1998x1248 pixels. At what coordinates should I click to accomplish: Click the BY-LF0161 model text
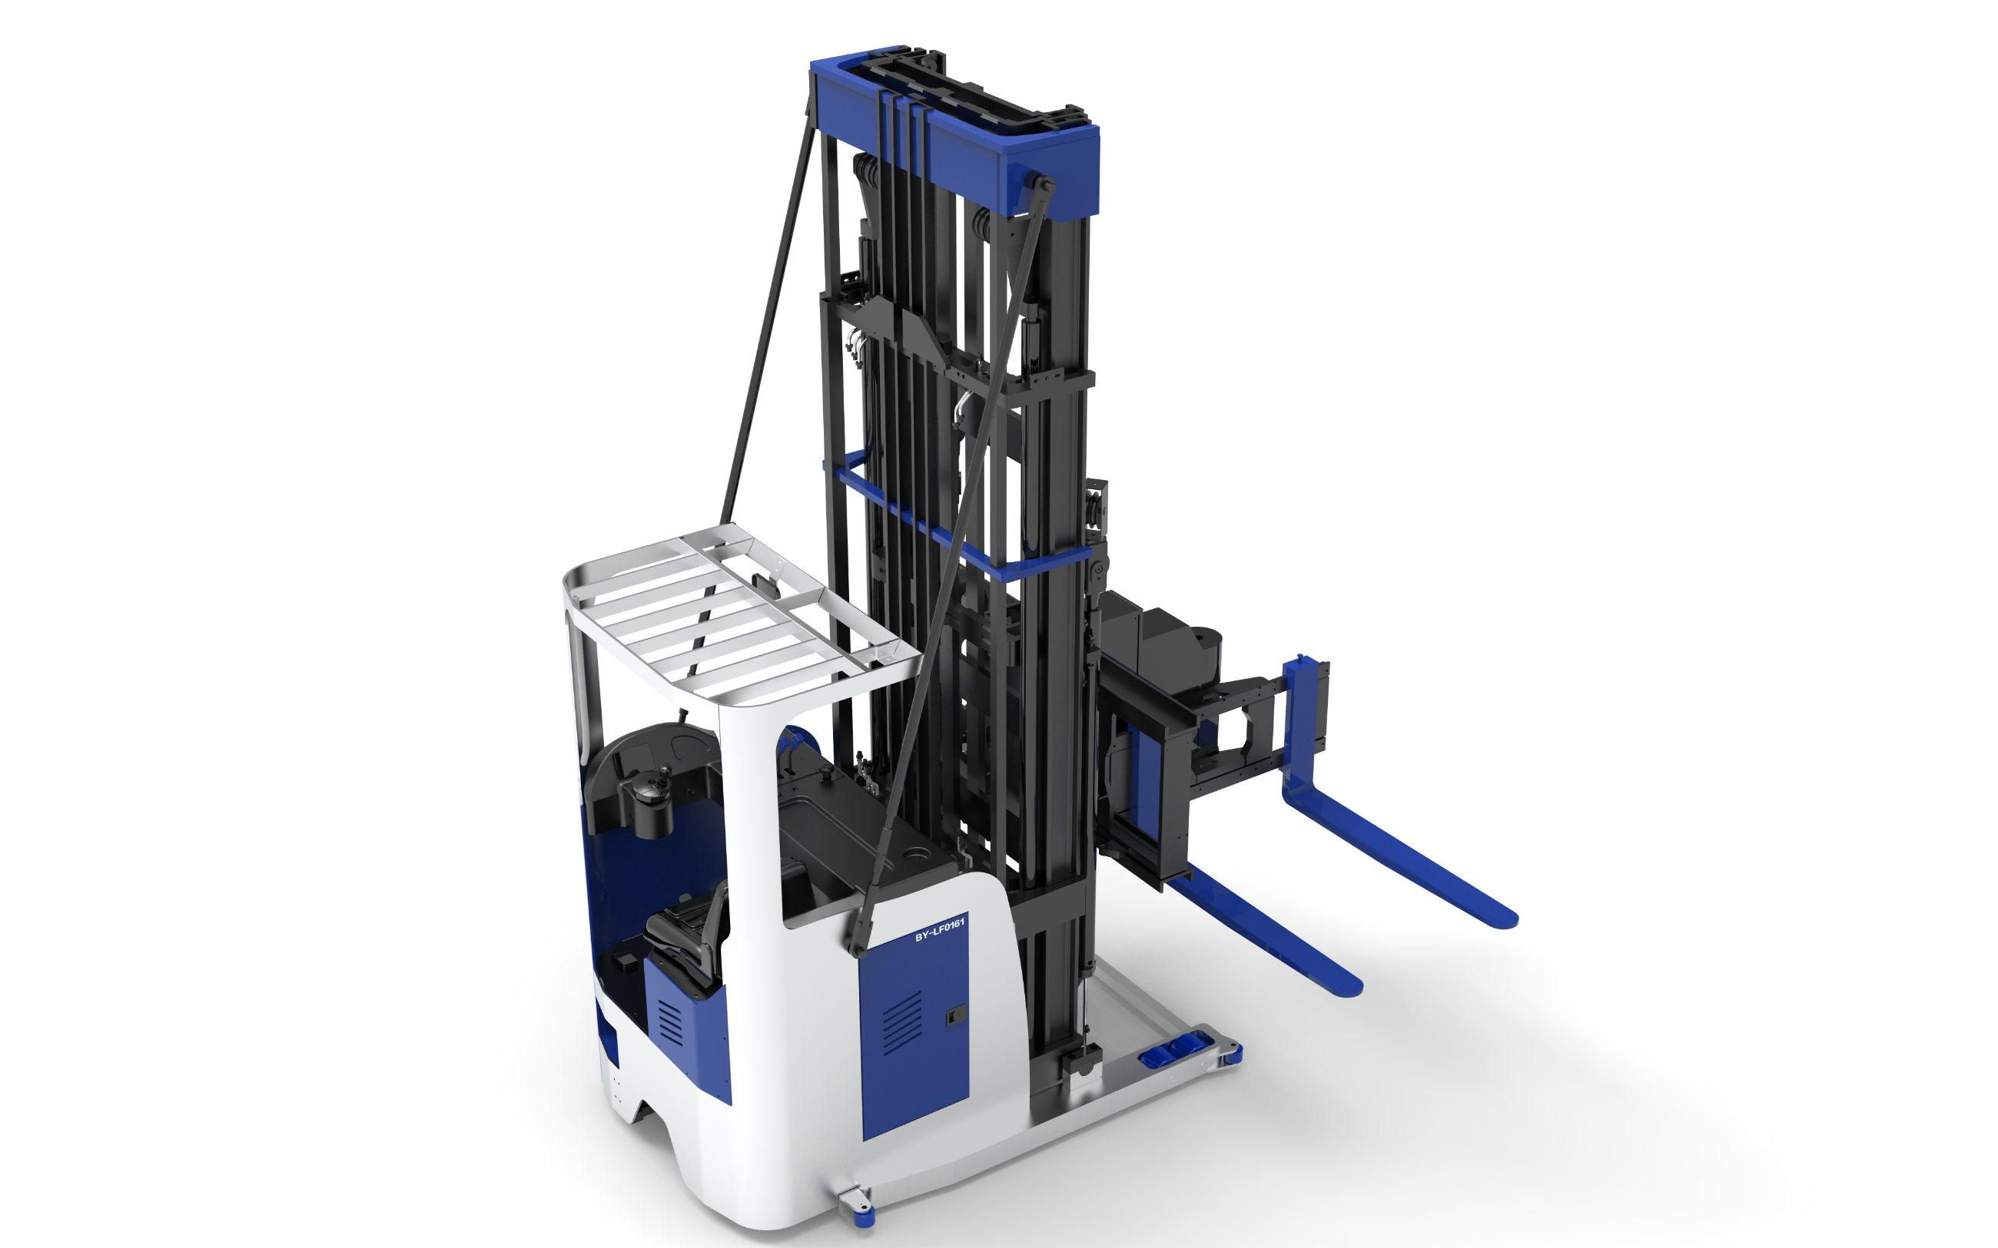tap(940, 929)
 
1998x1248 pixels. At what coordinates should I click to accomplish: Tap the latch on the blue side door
tap(954, 1016)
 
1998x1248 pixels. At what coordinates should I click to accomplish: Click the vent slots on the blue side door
tap(902, 1024)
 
